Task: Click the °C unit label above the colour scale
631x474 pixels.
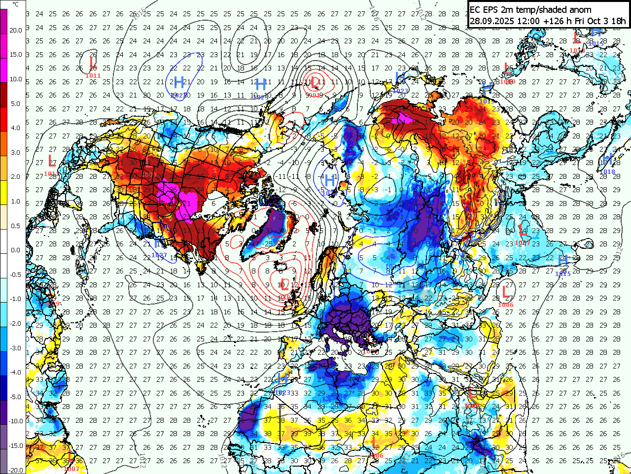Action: (16, 4)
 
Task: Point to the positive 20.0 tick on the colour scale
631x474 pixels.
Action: (16, 31)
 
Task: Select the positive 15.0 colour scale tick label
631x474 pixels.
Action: (16, 55)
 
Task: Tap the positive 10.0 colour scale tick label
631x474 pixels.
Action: (16, 79)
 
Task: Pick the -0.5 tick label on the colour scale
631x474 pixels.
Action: (16, 275)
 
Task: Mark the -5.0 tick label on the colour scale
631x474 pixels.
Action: (16, 397)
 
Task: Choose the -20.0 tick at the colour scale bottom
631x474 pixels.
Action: (16, 470)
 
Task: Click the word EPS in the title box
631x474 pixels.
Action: (490, 9)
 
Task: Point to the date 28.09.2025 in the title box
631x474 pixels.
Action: (491, 21)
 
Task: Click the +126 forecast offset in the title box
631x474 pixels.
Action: (548, 21)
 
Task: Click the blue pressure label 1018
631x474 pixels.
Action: (607, 171)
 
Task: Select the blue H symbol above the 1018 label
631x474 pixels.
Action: (607, 160)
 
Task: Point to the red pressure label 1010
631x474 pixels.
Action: (577, 50)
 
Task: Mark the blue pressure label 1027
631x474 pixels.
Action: (159, 255)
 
